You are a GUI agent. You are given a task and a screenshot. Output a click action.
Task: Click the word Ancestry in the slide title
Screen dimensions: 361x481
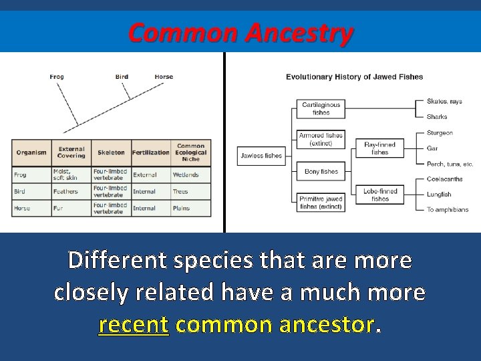point(298,33)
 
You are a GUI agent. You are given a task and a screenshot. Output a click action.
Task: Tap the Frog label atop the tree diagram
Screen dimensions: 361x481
point(57,77)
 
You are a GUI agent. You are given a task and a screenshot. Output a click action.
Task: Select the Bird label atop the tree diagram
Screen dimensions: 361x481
point(122,77)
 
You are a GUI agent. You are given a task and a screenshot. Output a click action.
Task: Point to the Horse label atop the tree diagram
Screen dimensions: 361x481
point(164,77)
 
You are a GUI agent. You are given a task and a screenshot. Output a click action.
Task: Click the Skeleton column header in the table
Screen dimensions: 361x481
point(111,152)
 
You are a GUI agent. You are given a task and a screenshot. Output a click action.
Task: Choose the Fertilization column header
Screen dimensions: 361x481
point(151,152)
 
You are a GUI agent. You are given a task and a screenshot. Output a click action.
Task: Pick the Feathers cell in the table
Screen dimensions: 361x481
point(66,191)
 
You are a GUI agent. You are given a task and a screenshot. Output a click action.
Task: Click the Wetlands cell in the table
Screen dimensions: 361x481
point(186,175)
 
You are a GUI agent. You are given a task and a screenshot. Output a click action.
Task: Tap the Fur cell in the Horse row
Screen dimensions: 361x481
point(58,208)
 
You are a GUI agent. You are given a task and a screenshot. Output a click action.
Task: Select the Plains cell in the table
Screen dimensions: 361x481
point(182,208)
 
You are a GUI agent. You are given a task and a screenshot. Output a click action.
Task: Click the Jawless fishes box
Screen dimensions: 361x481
point(261,156)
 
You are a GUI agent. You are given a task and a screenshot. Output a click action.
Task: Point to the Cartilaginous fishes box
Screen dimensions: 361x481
point(321,109)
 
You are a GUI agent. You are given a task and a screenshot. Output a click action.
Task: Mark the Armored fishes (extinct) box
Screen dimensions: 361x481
point(321,139)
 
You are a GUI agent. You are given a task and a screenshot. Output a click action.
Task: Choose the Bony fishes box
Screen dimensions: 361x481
point(321,172)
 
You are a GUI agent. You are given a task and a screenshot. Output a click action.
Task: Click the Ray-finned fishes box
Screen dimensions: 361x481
point(379,148)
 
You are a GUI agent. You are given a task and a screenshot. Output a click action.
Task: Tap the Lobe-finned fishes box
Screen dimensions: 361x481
point(379,195)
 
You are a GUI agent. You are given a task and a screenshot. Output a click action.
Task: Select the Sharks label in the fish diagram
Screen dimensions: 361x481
point(437,117)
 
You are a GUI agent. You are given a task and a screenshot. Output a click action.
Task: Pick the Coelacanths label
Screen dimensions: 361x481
point(445,178)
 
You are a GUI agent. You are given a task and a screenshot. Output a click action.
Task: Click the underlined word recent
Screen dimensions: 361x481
point(133,325)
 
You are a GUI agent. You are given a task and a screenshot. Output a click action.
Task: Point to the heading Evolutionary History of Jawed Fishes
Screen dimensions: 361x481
point(354,77)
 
